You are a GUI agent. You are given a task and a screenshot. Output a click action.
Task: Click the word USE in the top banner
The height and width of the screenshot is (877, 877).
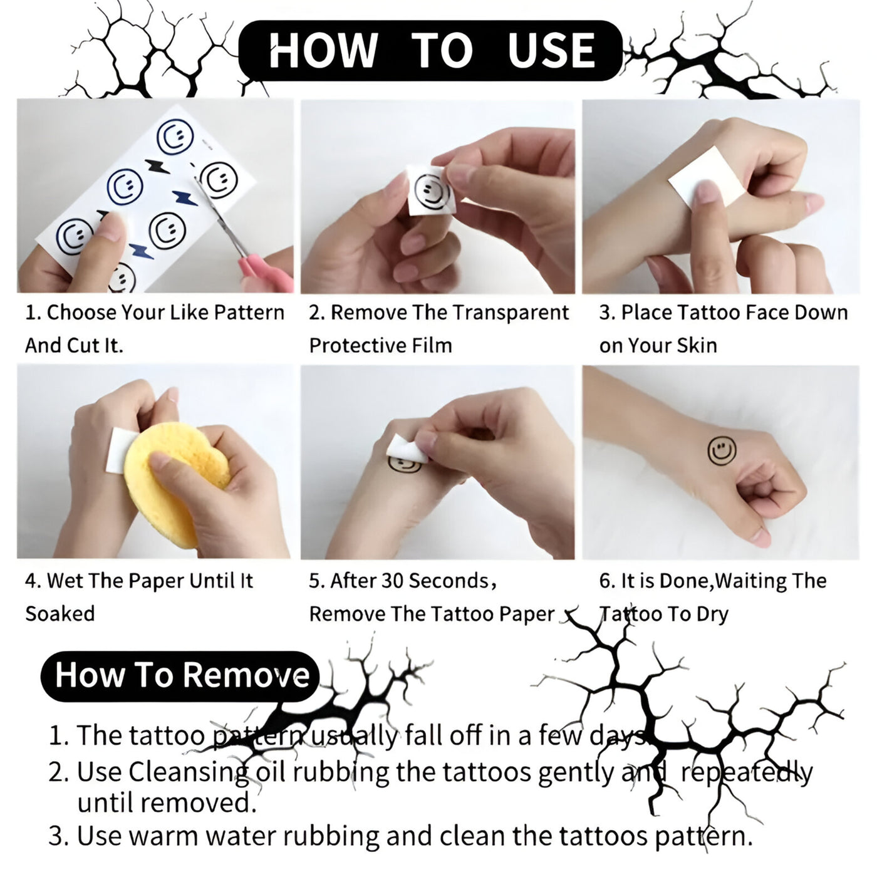pyautogui.click(x=551, y=50)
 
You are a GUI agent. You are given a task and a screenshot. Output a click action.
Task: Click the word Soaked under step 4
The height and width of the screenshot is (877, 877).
pyautogui.click(x=60, y=613)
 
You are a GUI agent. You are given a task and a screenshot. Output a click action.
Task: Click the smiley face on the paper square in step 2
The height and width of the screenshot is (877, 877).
pyautogui.click(x=431, y=192)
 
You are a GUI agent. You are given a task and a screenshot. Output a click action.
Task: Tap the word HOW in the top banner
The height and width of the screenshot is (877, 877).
pyautogui.click(x=323, y=50)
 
